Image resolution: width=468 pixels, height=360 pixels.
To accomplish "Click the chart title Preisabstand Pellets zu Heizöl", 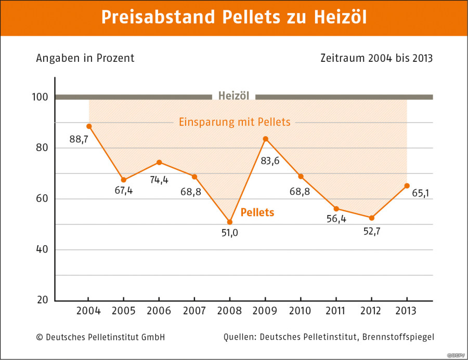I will (x=233, y=17).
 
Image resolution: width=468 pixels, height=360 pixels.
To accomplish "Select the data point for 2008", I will (x=229, y=222).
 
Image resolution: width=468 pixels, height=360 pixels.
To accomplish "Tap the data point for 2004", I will (x=89, y=126).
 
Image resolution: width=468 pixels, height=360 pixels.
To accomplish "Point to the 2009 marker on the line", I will (x=265, y=139).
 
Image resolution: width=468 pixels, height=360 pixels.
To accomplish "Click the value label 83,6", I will (x=270, y=161).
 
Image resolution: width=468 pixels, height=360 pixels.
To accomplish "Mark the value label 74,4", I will (x=159, y=179).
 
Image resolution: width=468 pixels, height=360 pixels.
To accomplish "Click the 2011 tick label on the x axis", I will (x=336, y=311).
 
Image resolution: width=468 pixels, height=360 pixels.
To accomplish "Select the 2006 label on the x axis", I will (x=159, y=311).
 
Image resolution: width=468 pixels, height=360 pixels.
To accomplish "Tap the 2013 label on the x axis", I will (x=407, y=311).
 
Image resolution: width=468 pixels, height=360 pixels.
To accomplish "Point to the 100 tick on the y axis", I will (x=42, y=97).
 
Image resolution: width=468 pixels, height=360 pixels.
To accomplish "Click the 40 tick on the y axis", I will (x=42, y=249).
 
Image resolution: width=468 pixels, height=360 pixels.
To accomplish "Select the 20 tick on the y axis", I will (x=42, y=300).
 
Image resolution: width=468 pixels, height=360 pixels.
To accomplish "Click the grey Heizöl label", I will (x=233, y=96).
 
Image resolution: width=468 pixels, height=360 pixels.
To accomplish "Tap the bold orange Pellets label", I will (x=257, y=212).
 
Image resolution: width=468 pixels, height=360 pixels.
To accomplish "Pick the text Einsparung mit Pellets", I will (x=235, y=123).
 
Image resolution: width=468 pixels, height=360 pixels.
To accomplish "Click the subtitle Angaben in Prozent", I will (x=85, y=58).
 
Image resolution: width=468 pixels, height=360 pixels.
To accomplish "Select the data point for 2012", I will (x=371, y=218).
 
